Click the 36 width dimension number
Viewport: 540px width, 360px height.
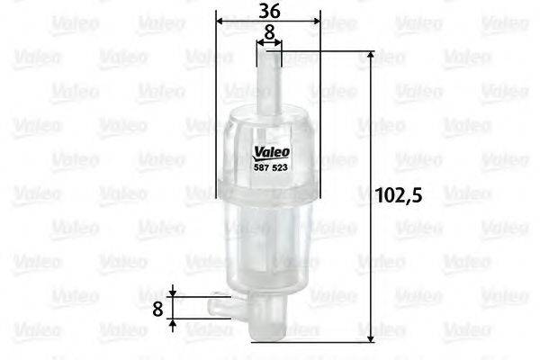(268, 12)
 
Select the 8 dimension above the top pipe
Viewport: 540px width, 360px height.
(269, 32)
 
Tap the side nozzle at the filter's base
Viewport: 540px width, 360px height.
(223, 307)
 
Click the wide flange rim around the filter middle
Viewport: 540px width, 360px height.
(268, 186)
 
